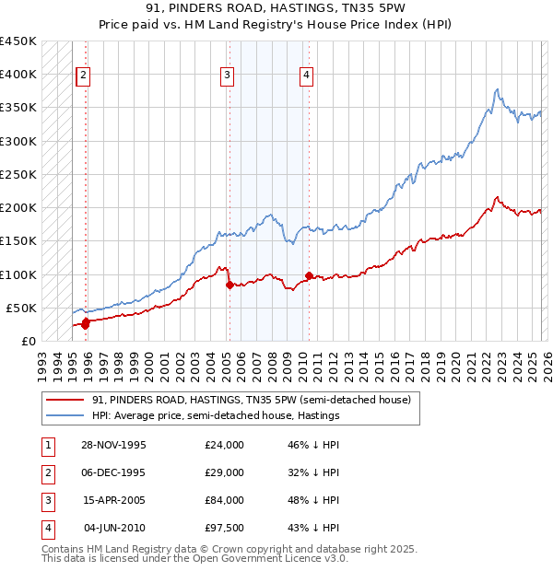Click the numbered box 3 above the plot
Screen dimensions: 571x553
pos(227,76)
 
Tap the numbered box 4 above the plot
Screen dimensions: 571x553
pos(305,76)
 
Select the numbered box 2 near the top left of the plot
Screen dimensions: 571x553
pos(83,76)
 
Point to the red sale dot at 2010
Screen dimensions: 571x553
pos(308,275)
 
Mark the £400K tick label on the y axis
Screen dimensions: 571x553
pos(18,75)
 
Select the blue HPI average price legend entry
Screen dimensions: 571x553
pos(216,415)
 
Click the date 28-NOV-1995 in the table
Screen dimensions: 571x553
pos(114,445)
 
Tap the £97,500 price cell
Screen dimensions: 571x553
pos(225,528)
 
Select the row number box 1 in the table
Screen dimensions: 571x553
pos(47,445)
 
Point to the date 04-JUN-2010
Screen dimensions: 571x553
pos(115,528)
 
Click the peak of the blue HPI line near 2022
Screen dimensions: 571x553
pos(497,89)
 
